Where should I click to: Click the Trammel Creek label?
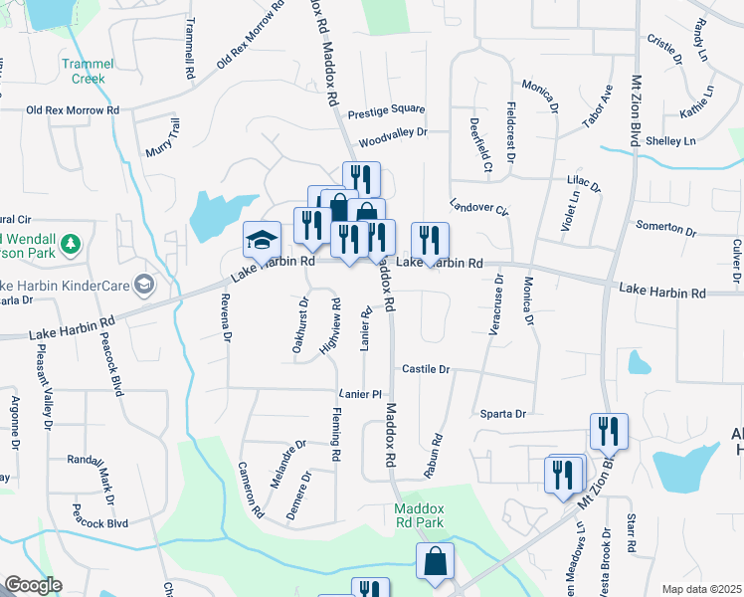(90, 71)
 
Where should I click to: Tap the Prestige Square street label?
(392, 109)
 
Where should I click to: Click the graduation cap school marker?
(261, 240)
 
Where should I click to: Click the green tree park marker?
(70, 244)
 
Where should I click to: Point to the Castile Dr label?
(427, 369)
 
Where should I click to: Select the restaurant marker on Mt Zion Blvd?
(608, 431)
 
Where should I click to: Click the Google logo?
(33, 585)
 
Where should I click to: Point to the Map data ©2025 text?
(701, 589)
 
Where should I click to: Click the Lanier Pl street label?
(360, 394)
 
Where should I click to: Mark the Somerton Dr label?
(665, 227)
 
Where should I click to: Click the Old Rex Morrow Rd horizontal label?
(73, 110)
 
